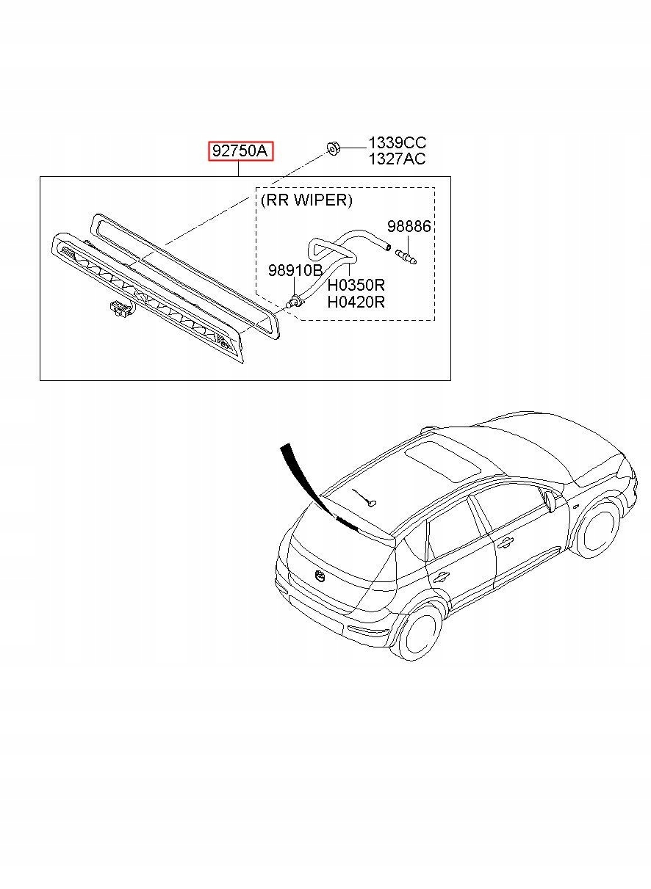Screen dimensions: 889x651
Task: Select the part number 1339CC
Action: click(397, 143)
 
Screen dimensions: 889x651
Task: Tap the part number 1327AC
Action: click(397, 159)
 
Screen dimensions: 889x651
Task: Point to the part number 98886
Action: click(409, 227)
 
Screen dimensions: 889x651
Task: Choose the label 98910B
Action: click(295, 270)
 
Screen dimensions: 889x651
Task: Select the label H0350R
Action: click(356, 286)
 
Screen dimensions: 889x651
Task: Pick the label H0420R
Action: click(356, 302)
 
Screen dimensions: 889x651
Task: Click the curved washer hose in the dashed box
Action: click(345, 246)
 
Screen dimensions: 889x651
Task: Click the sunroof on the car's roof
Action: click(444, 459)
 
